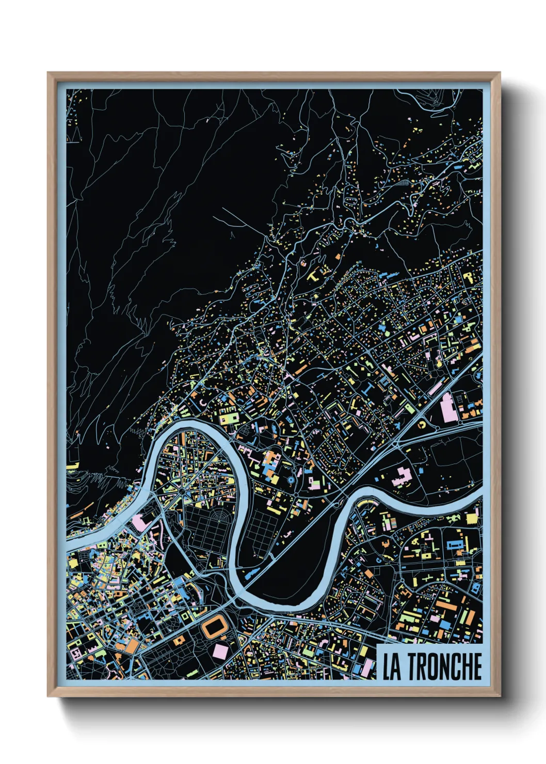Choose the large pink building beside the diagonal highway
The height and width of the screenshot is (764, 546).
pos(447,409)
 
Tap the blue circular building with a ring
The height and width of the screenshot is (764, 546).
pos(291,480)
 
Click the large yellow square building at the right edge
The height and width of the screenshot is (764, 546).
pos(472,518)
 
